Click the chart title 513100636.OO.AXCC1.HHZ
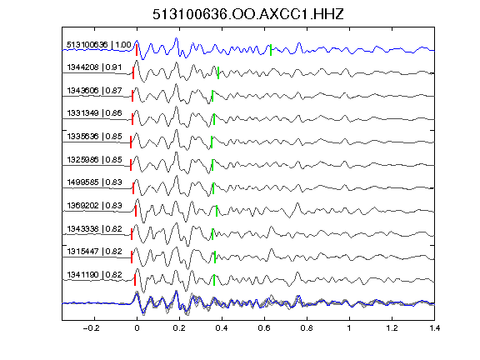click(248, 14)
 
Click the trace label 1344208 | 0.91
click(94, 67)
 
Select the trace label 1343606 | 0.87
click(94, 91)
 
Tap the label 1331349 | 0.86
click(94, 113)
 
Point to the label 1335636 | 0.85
click(94, 137)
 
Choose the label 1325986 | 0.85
click(94, 160)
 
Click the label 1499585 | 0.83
click(94, 182)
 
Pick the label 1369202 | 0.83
click(94, 205)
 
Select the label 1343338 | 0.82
click(94, 229)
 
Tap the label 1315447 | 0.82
click(94, 252)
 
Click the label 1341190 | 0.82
click(94, 275)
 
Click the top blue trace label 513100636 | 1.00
click(99, 45)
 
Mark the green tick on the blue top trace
click(271, 50)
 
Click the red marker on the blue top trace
click(137, 50)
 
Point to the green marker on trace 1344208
click(218, 73)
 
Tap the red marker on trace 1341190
click(135, 280)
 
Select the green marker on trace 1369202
click(217, 211)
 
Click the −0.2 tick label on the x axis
click(91, 328)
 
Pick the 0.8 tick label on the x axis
click(307, 328)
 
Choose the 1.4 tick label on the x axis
click(435, 328)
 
